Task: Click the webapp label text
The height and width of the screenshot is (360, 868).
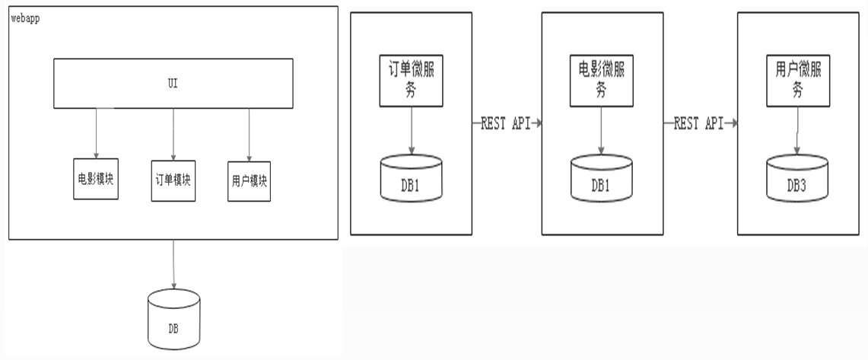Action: click(25, 18)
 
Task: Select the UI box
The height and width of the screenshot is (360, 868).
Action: click(173, 83)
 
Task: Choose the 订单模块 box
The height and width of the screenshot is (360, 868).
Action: click(173, 180)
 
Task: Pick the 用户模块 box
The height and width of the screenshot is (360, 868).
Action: click(250, 181)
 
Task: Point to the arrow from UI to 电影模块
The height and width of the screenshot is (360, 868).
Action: click(97, 133)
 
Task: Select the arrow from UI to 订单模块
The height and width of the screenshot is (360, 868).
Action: click(173, 133)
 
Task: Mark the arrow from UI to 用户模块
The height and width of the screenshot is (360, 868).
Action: click(250, 134)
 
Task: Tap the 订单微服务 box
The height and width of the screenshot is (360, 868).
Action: click(411, 80)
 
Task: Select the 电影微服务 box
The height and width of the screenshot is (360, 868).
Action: click(601, 80)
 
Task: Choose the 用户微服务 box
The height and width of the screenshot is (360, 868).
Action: click(797, 80)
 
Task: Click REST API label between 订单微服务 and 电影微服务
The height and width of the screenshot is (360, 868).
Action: click(505, 123)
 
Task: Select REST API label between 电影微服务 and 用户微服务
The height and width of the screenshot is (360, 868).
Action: click(698, 123)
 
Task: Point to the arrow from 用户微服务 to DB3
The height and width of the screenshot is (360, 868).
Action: click(797, 129)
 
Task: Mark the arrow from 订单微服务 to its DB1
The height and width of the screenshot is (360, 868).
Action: click(411, 129)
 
